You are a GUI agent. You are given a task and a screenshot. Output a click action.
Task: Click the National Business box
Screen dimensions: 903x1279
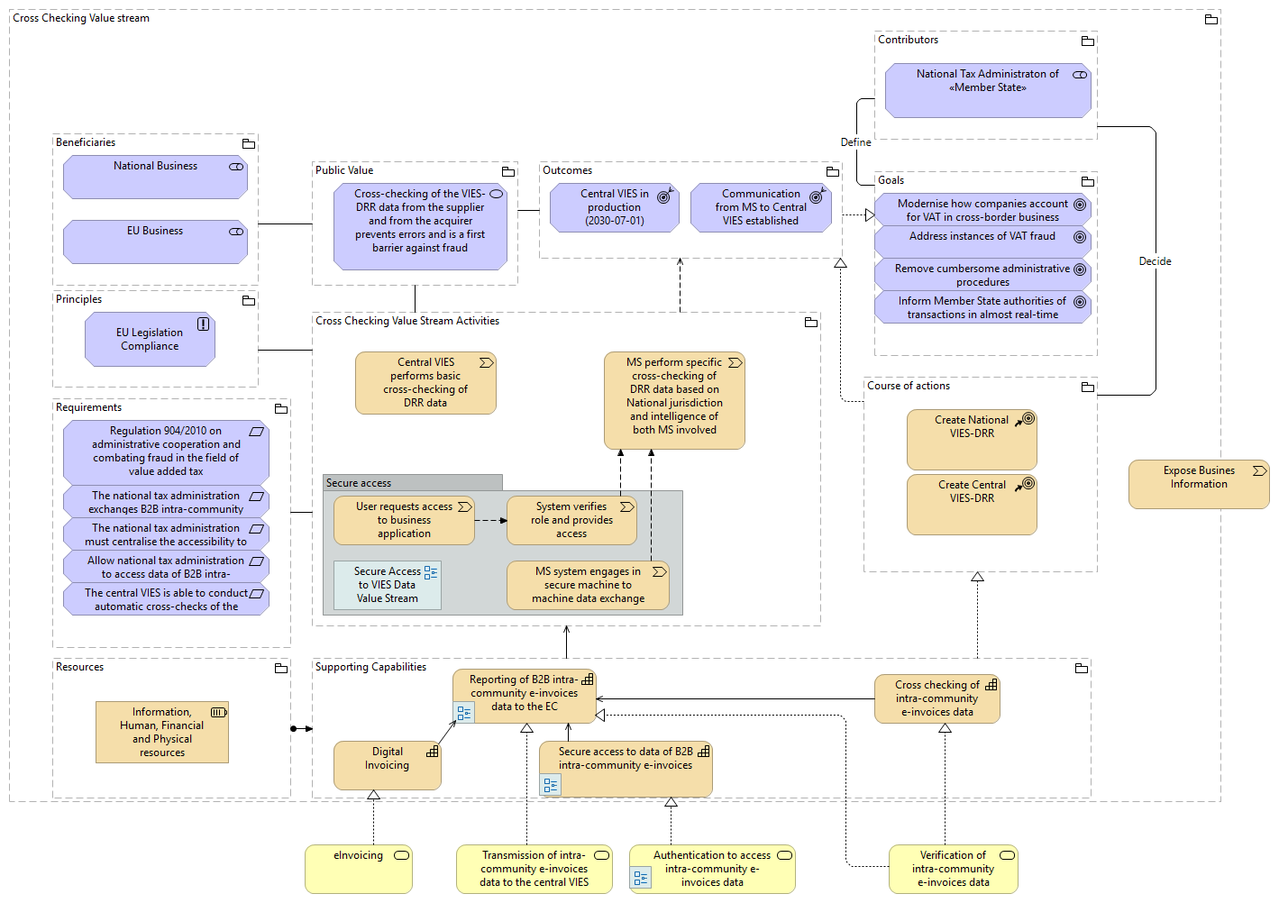tap(155, 177)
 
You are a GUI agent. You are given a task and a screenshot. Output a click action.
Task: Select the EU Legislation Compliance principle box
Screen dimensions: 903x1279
tap(150, 340)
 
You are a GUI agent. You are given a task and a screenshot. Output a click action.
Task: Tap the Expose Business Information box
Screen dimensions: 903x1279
tap(1198, 484)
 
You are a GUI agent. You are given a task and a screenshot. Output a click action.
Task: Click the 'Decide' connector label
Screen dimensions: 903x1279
tap(1155, 261)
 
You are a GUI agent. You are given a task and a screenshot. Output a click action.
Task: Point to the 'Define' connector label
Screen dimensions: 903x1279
tap(855, 142)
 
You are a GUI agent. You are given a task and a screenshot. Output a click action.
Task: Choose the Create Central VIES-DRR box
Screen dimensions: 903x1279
tap(972, 505)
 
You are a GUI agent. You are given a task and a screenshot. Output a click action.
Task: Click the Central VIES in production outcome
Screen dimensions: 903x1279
tap(614, 208)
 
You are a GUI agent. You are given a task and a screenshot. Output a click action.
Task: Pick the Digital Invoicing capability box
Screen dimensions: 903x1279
tap(387, 764)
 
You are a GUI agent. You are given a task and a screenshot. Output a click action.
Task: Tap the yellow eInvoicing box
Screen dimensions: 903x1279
tap(358, 869)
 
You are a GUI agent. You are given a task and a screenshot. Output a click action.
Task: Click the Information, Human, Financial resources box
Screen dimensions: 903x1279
tap(162, 732)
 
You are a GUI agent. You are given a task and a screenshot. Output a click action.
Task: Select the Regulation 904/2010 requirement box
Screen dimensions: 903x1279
tap(166, 451)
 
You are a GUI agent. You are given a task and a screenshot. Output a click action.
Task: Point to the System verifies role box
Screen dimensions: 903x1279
tap(571, 521)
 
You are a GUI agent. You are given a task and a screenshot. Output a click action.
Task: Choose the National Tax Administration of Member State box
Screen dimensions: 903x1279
tap(987, 90)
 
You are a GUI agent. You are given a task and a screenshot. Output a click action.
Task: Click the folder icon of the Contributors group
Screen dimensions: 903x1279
tap(1088, 41)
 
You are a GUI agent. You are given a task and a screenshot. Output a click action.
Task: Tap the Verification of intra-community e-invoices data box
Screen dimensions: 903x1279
tap(953, 869)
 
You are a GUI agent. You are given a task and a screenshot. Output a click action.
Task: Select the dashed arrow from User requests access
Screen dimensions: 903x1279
tap(490, 521)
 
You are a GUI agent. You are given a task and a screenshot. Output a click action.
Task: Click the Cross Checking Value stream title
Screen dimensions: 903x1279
tap(81, 18)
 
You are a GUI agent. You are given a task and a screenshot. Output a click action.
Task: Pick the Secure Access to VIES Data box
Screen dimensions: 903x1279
tap(387, 585)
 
